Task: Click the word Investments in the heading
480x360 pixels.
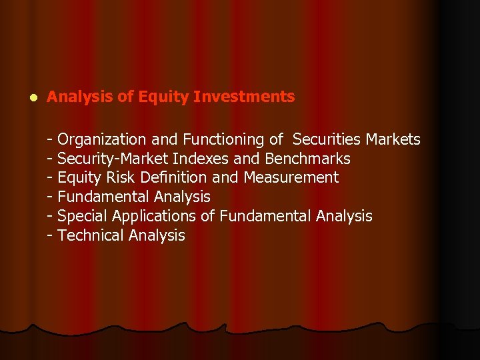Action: point(244,97)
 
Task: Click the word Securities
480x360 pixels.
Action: point(325,139)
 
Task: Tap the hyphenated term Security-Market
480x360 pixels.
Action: point(113,159)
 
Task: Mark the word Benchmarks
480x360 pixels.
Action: point(307,159)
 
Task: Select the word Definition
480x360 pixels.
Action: point(175,178)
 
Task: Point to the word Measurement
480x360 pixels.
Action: point(291,178)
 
